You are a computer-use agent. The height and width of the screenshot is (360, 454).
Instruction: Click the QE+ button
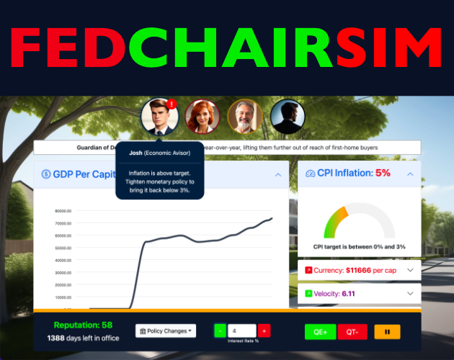(x=321, y=332)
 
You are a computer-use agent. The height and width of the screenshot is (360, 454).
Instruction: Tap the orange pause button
(x=387, y=332)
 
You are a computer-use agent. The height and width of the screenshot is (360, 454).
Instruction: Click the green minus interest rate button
(x=219, y=330)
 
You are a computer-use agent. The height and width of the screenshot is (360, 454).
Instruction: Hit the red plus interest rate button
(x=264, y=330)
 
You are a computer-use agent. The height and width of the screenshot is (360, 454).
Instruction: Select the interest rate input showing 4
(x=241, y=330)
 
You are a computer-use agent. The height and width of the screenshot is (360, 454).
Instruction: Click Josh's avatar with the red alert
(x=159, y=116)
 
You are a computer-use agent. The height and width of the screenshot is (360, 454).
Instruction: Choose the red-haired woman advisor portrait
(x=201, y=116)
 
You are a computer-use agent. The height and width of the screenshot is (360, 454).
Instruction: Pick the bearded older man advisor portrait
(x=244, y=116)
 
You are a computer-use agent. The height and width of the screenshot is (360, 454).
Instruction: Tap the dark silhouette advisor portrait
(x=288, y=116)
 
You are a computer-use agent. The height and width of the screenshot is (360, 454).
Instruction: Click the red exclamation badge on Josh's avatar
(x=171, y=104)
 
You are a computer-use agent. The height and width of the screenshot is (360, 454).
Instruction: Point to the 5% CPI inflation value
(x=383, y=174)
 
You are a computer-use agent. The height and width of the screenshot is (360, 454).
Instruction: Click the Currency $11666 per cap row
(x=359, y=270)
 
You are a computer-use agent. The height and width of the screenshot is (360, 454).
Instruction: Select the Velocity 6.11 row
(x=359, y=294)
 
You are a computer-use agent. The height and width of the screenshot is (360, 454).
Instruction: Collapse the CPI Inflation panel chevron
(x=410, y=174)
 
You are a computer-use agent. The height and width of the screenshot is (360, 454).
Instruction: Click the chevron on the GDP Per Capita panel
(x=277, y=174)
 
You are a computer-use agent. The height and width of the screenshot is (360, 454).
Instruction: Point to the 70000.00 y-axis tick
(x=63, y=223)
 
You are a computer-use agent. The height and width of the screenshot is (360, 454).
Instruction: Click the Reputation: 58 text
(x=83, y=325)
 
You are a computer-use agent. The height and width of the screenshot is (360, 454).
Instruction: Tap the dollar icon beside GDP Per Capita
(x=45, y=174)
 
